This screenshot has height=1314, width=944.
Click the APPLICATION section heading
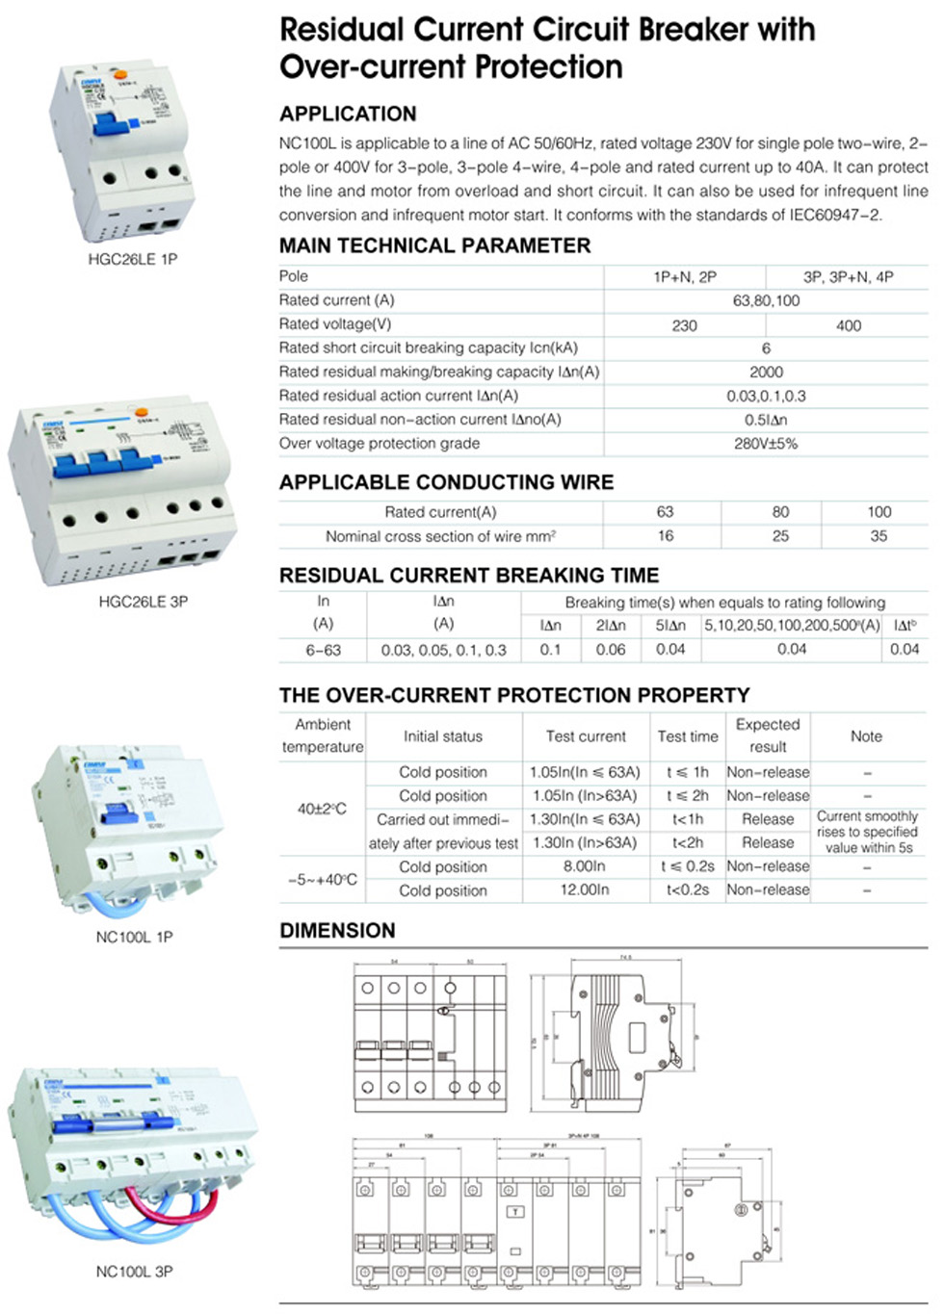(348, 114)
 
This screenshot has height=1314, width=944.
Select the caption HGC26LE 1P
(133, 259)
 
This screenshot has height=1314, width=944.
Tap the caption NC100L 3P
(135, 1272)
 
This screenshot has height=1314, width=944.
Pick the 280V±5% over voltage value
(766, 444)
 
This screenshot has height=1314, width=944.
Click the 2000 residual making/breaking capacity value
(766, 372)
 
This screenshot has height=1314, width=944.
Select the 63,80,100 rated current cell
(766, 300)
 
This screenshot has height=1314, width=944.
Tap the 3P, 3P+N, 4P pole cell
(848, 277)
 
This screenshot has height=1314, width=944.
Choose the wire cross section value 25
(780, 536)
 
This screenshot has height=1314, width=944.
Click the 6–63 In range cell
(324, 650)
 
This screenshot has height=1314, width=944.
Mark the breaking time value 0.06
(611, 650)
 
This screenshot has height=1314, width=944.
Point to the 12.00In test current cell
(585, 890)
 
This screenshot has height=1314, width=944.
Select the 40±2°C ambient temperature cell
(322, 809)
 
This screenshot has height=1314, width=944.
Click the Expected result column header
(768, 735)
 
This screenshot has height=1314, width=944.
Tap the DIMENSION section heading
(337, 931)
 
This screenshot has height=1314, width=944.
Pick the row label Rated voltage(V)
(335, 324)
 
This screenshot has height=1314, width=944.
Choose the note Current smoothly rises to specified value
(868, 832)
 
